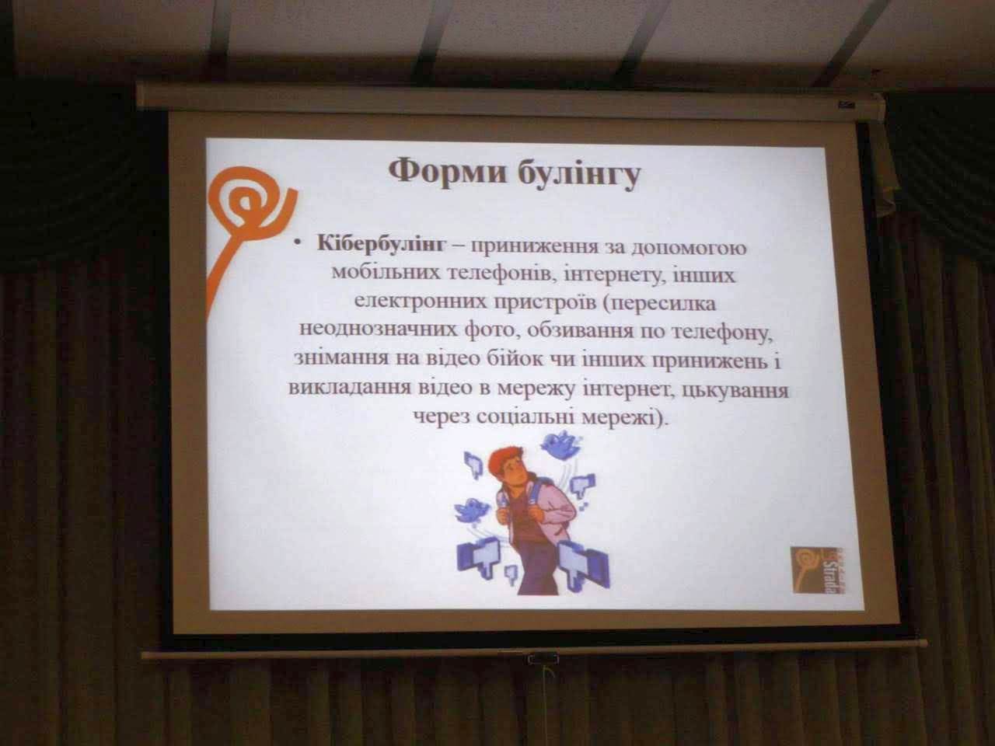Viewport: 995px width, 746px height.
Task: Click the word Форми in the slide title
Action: pos(447,172)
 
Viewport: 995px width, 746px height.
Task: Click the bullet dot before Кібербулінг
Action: pos(297,245)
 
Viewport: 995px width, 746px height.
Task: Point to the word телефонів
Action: pos(500,275)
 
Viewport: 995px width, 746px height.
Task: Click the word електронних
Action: pos(421,302)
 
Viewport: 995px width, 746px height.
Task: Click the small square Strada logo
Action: pos(819,570)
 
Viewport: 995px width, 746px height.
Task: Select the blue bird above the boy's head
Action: pos(560,444)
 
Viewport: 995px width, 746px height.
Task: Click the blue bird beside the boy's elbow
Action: pos(472,510)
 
